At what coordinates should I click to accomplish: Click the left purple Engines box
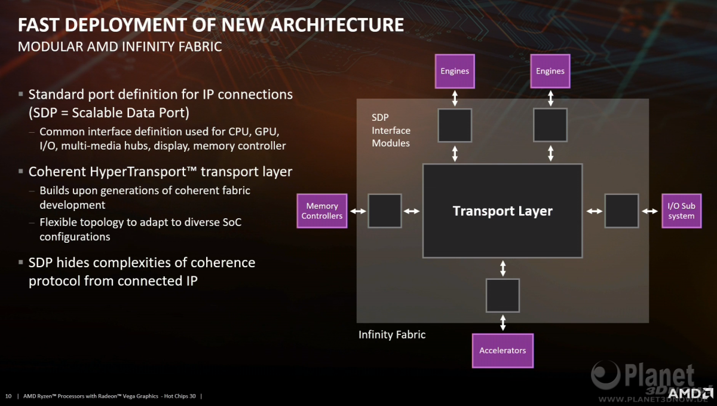[x=455, y=71]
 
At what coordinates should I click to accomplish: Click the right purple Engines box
[x=550, y=71]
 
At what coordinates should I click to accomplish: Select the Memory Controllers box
[x=322, y=211]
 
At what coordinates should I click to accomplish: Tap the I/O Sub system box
[x=682, y=211]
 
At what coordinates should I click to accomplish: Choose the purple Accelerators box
[x=502, y=350]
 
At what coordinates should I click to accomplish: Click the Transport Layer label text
[x=502, y=211]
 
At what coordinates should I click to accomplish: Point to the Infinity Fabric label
[x=392, y=334]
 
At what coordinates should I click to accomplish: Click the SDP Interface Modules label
[x=391, y=130]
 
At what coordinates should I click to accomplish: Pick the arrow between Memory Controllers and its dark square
[x=358, y=211]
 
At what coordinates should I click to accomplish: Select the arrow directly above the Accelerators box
[x=503, y=323]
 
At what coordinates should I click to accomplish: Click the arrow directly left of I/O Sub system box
[x=650, y=211]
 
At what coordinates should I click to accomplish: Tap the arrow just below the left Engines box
[x=455, y=99]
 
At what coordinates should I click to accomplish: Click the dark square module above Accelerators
[x=502, y=295]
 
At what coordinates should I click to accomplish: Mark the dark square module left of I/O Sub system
[x=621, y=211]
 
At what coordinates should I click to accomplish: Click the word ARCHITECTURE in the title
[x=337, y=25]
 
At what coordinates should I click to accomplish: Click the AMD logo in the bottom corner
[x=691, y=393]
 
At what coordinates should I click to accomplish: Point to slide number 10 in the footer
[x=8, y=396]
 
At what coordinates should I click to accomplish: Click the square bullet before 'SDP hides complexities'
[x=21, y=262]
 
